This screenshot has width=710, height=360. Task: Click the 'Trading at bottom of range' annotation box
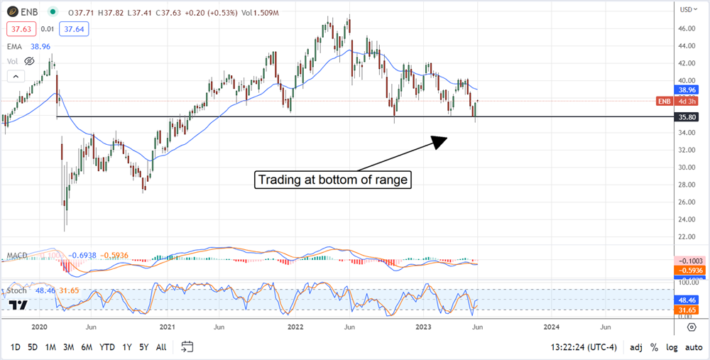(333, 180)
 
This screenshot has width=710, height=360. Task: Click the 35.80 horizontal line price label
(687, 117)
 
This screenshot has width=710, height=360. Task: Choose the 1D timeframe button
(14, 347)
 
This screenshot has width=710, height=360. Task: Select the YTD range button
(107, 347)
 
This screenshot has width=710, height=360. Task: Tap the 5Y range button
(144, 347)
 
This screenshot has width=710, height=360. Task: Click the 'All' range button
(161, 347)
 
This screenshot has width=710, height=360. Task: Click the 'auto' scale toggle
(694, 347)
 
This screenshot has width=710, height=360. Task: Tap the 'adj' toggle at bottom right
(637, 347)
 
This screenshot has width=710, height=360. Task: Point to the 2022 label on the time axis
(293, 327)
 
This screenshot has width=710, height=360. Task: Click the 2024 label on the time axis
(551, 327)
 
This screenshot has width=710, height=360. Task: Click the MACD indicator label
(17, 255)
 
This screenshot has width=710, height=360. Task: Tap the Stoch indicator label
(17, 290)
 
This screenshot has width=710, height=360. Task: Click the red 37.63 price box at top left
(19, 29)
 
